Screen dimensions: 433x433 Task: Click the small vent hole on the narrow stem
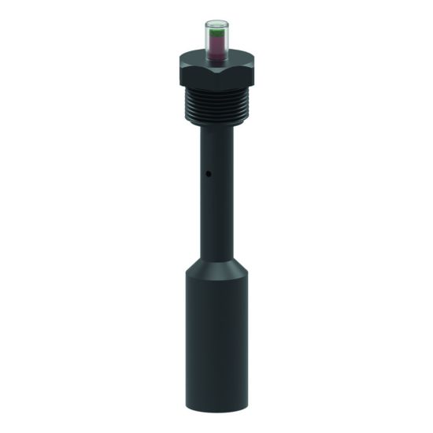tap(206, 173)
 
